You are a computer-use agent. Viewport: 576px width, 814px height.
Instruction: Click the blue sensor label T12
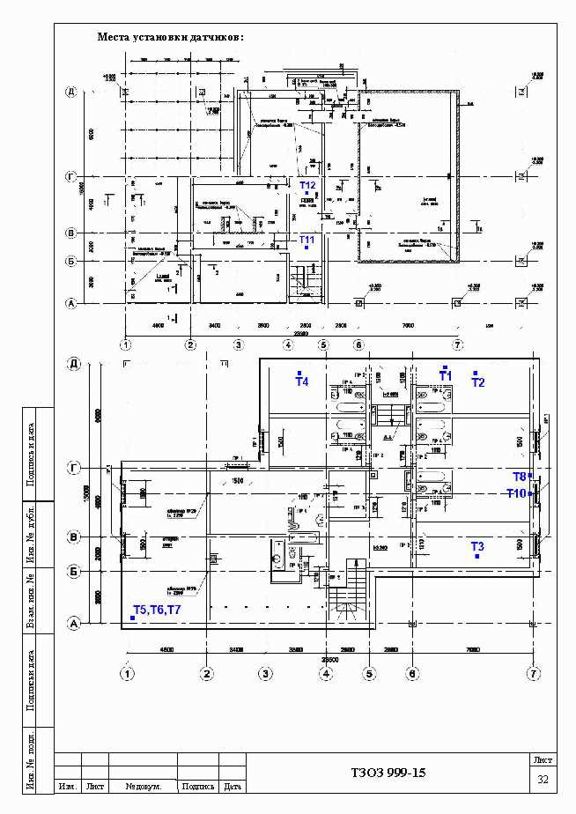click(x=307, y=185)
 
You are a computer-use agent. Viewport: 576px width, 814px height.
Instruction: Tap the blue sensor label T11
click(x=306, y=240)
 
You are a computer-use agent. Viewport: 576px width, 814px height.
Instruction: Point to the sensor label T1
click(x=446, y=376)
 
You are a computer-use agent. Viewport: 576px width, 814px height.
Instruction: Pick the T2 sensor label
click(x=478, y=382)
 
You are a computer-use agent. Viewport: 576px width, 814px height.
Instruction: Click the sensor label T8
click(x=520, y=477)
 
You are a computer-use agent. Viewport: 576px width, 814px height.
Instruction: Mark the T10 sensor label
click(x=516, y=493)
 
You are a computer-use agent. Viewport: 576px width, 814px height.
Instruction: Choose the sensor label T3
click(x=477, y=546)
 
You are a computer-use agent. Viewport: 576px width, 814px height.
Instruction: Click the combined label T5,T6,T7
click(x=157, y=610)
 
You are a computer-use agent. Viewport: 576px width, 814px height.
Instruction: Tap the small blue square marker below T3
click(x=476, y=557)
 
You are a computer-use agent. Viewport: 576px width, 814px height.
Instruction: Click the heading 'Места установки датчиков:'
click(x=171, y=38)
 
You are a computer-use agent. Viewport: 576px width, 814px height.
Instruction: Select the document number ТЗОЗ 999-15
click(x=388, y=773)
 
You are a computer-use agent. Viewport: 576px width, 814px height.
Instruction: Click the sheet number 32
click(x=543, y=780)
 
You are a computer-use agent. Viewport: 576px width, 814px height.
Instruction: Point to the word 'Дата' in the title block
click(x=233, y=786)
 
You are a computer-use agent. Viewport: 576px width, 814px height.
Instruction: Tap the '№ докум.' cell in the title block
click(x=143, y=786)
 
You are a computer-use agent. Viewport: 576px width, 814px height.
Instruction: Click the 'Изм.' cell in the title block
click(x=67, y=786)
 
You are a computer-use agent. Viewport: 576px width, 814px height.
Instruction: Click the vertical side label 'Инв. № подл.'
click(x=30, y=759)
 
